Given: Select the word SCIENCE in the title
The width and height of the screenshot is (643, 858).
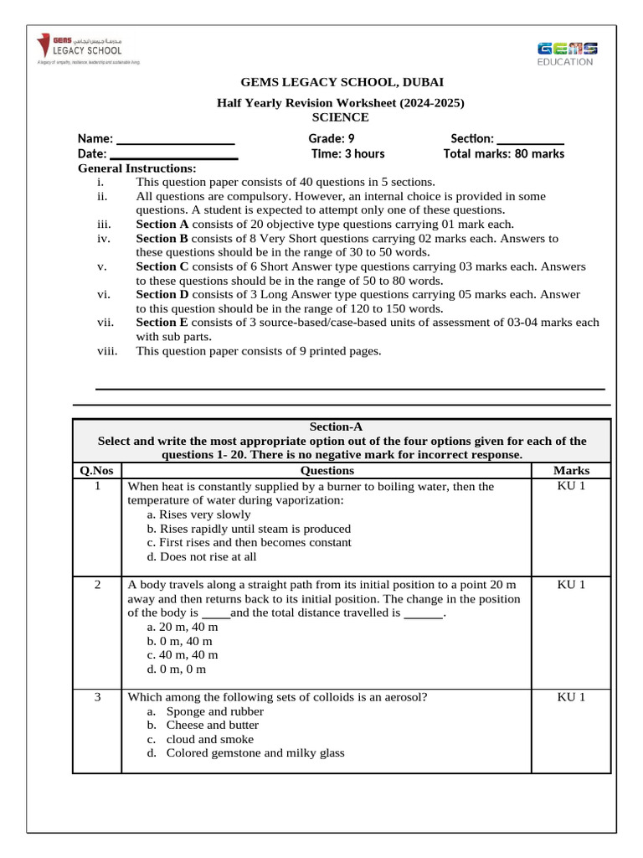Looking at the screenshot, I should tap(341, 117).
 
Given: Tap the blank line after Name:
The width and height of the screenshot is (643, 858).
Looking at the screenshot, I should tap(175, 139).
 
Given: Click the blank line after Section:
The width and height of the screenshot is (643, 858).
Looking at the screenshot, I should tap(531, 139).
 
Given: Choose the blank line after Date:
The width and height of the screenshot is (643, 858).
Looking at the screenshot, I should tap(174, 154).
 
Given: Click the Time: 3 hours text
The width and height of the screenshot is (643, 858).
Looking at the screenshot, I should tap(348, 154).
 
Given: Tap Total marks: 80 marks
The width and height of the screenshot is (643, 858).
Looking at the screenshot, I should tap(503, 154).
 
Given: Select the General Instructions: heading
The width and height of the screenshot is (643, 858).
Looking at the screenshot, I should tap(136, 168).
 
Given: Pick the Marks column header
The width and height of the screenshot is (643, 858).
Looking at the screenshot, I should tap(571, 471).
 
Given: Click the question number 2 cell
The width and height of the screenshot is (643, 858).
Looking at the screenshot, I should tap(98, 585).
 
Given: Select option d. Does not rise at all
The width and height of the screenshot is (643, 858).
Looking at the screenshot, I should tap(201, 557).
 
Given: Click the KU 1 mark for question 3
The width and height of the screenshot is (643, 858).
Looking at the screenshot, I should tap(571, 697).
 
